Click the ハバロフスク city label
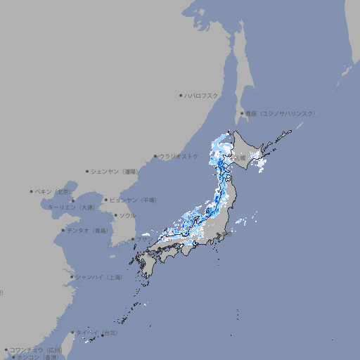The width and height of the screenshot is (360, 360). tap(202, 95)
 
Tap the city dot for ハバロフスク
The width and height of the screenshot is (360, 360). tap(181, 95)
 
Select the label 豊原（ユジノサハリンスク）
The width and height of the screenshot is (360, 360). tap(281, 113)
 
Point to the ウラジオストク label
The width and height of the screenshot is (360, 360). tap(179, 156)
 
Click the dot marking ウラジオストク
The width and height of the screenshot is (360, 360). tap(156, 156)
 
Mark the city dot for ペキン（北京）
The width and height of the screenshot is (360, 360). tap(32, 191)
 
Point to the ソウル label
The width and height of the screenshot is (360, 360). tap(127, 215)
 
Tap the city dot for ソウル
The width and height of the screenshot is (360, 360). tap(115, 215)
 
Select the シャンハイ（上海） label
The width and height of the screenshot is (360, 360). tap(98, 277)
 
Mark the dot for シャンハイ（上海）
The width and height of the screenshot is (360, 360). tap(72, 277)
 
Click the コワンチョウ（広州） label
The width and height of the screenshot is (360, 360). tap(36, 349)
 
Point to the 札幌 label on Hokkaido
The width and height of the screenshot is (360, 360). tap(240, 159)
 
